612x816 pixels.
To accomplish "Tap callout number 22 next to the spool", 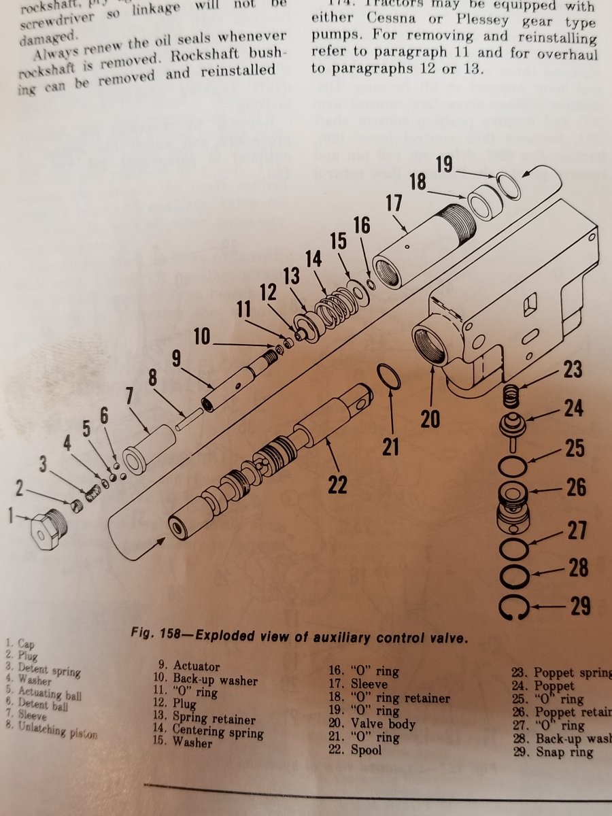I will pos(337,484).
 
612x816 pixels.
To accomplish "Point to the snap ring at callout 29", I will pos(514,606).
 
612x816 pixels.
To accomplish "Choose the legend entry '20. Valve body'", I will pos(373,724).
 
